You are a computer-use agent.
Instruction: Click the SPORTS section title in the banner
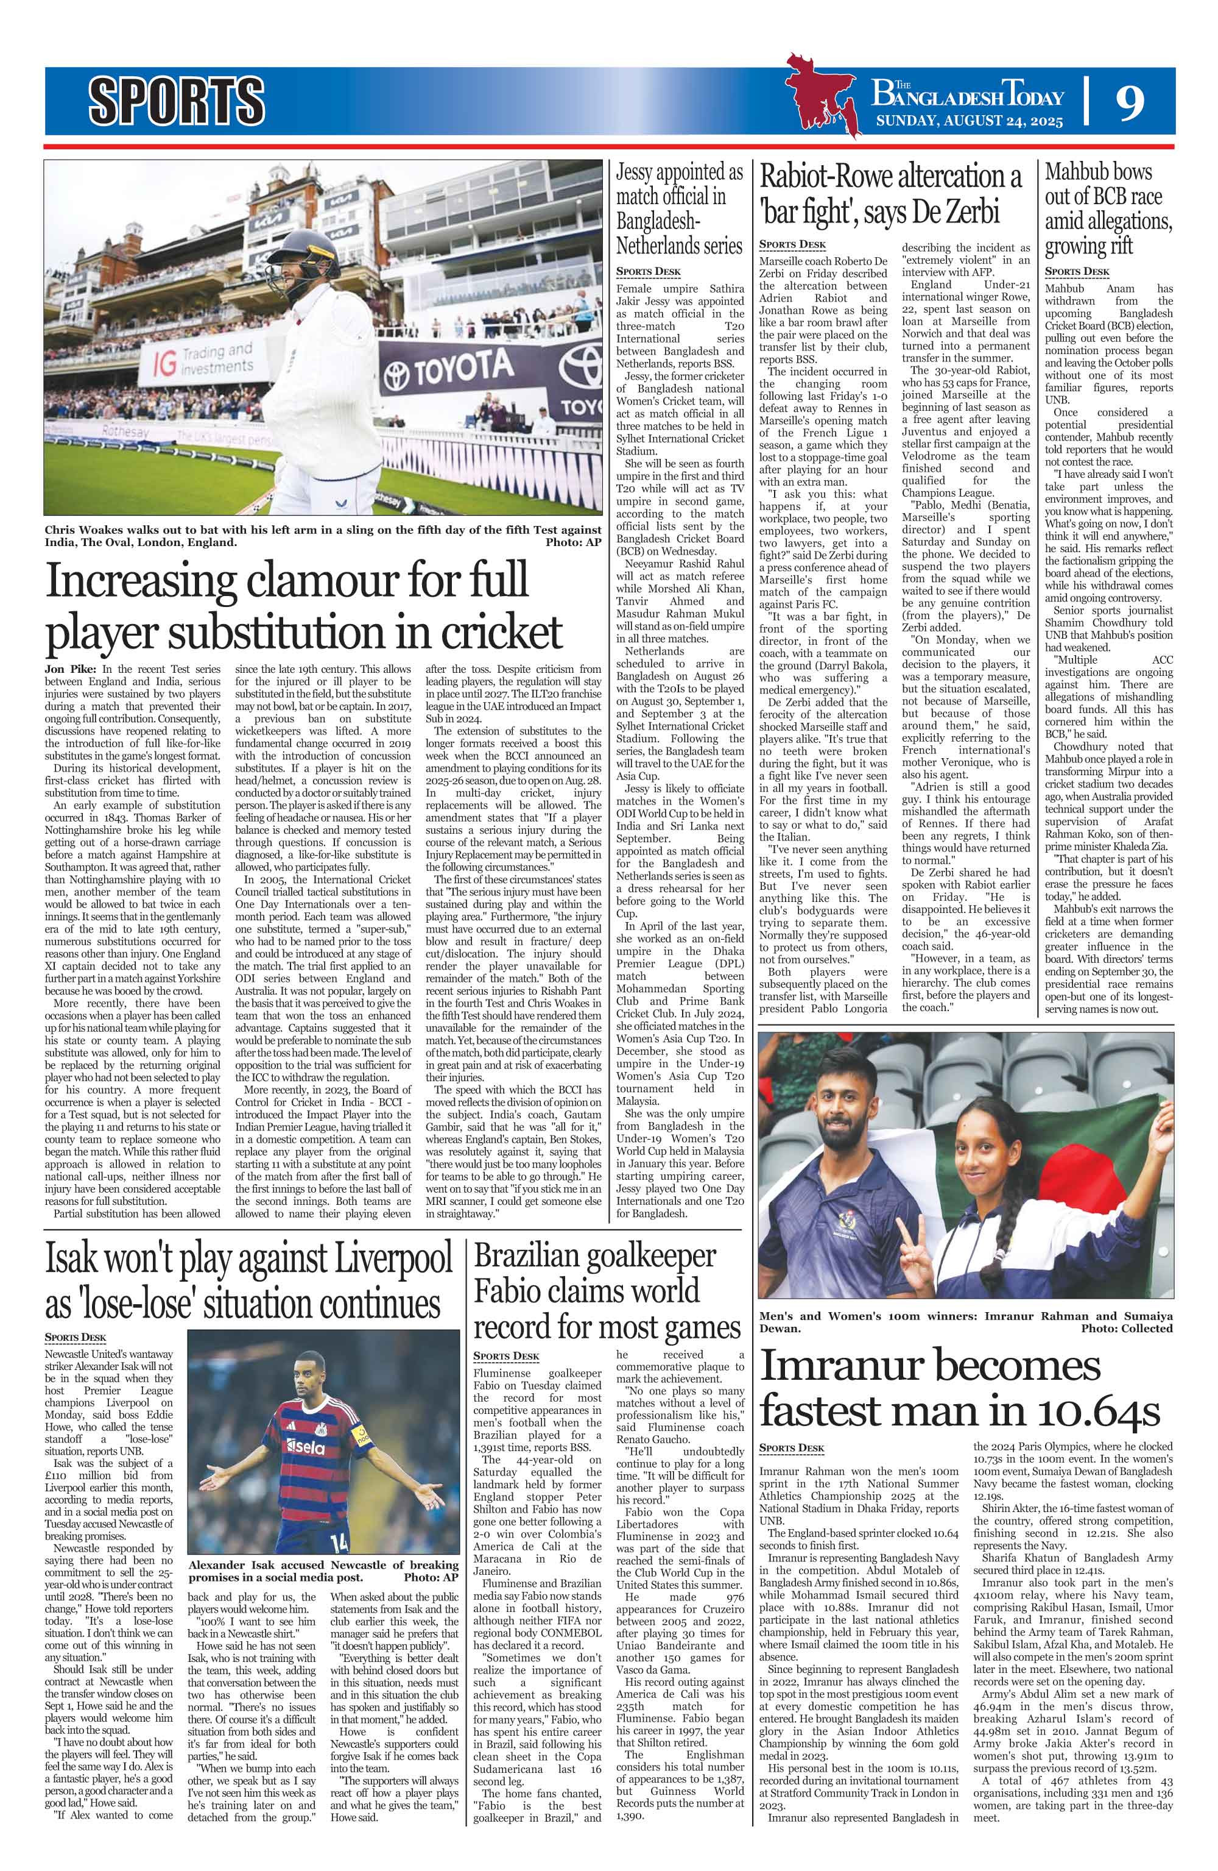[176, 101]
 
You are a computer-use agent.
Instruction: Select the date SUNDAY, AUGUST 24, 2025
[969, 121]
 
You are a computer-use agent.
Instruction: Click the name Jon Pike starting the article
[68, 668]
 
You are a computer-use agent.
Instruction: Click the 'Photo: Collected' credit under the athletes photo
[1125, 1328]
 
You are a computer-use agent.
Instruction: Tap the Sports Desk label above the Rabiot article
[792, 244]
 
